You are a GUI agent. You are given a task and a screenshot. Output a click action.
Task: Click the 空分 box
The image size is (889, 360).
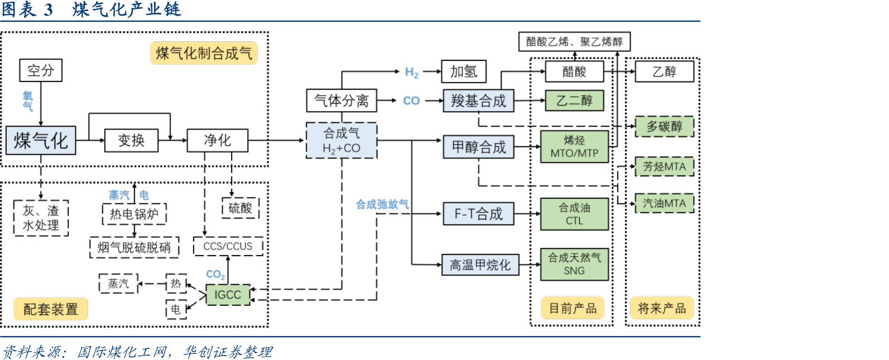click(41, 70)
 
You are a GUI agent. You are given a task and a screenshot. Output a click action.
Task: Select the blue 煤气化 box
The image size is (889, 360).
click(41, 140)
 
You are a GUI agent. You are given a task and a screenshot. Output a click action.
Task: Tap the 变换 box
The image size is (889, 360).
click(131, 140)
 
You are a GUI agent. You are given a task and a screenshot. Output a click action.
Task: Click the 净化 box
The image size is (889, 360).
click(217, 140)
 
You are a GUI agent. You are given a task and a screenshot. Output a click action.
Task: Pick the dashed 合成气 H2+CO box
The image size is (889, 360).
click(342, 141)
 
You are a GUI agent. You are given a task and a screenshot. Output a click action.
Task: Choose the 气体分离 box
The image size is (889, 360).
click(342, 100)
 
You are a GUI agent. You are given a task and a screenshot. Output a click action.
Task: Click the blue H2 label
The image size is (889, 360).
click(412, 72)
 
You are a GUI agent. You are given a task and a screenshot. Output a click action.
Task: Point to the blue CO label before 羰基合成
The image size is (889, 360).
click(411, 100)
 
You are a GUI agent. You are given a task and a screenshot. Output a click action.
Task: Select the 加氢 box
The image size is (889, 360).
click(464, 71)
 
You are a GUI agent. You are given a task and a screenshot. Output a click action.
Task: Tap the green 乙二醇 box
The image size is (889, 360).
click(574, 100)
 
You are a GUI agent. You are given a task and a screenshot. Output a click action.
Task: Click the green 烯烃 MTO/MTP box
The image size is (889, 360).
click(574, 147)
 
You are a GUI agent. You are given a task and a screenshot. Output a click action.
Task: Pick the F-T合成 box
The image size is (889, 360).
click(478, 214)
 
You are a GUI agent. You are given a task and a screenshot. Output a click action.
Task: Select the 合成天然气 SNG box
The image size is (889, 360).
click(574, 264)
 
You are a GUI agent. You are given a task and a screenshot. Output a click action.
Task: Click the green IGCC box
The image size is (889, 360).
click(228, 295)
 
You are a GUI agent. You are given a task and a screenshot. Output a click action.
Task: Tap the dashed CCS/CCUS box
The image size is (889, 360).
click(228, 246)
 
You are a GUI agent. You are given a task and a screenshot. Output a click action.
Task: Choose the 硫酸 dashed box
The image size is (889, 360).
click(241, 208)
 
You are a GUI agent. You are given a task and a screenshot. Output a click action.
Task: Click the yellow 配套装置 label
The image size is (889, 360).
click(51, 309)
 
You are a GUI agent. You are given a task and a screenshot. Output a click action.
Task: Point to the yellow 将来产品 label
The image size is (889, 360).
click(662, 308)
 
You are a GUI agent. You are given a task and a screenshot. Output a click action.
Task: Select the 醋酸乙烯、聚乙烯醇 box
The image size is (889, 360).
click(574, 41)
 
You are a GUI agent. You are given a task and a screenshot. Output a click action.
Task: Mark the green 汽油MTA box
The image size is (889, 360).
click(664, 203)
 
